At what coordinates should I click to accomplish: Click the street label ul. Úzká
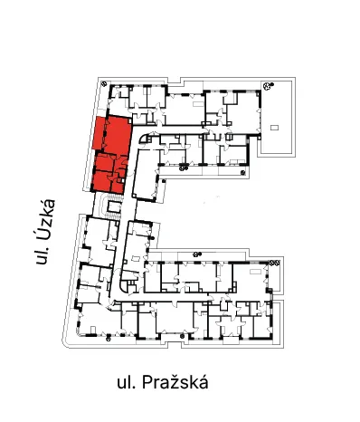[x=45, y=232]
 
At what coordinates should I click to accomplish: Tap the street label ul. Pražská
[x=163, y=382]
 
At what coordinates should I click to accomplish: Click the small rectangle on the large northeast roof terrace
[x=274, y=128]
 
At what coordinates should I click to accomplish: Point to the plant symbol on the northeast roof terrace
[x=268, y=86]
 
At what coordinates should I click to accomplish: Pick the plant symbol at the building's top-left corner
[x=104, y=83]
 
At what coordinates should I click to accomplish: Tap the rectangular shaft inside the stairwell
[x=114, y=207]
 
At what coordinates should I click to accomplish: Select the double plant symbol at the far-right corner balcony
[x=274, y=263]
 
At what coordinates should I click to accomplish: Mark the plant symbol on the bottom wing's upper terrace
[x=196, y=254]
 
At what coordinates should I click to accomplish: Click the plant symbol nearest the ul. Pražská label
[x=182, y=336]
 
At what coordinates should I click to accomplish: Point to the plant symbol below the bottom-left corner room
[x=109, y=339]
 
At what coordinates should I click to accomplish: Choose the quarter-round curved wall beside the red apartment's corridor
[x=143, y=138]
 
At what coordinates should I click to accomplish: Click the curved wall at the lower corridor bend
[x=123, y=287]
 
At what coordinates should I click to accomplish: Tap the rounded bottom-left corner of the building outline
[x=65, y=342]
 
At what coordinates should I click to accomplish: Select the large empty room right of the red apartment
[x=146, y=175]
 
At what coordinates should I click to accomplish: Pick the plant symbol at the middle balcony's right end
[x=243, y=173]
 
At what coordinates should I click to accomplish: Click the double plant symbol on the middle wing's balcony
[x=184, y=168]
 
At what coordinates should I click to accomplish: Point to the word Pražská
[x=175, y=382]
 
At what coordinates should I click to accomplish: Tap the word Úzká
[x=45, y=218]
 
